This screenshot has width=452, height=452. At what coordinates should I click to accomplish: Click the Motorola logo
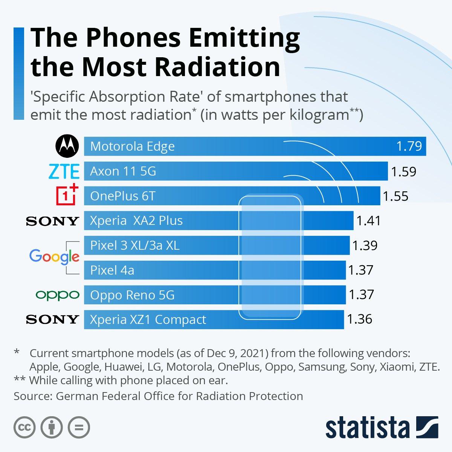[67, 146]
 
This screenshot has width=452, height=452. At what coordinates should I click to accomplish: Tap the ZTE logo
[64, 171]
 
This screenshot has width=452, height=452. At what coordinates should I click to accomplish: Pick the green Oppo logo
[57, 295]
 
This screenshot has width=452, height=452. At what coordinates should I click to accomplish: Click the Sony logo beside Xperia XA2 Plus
[52, 221]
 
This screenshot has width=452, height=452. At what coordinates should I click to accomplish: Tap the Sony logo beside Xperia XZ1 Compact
[52, 319]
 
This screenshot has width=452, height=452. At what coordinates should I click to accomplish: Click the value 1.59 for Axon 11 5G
[403, 172]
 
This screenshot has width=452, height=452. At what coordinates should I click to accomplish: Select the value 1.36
[359, 319]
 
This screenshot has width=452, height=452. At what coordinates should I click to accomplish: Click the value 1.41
[368, 221]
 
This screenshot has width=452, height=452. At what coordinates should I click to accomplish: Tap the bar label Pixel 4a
[112, 270]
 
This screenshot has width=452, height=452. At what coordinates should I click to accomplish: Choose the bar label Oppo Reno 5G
[132, 295]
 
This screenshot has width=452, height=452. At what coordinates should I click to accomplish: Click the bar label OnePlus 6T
[123, 196]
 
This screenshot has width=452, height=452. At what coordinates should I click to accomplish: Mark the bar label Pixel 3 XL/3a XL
[135, 246]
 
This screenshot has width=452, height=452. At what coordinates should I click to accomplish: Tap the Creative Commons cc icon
[24, 427]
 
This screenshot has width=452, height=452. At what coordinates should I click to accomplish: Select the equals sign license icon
[79, 427]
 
